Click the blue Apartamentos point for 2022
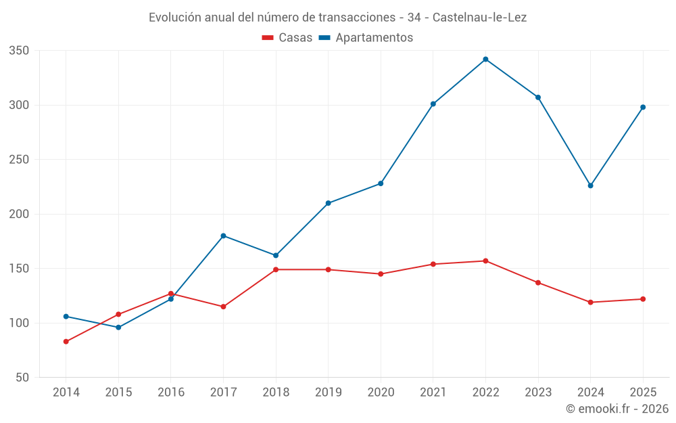click(x=485, y=59)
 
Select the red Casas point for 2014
click(x=66, y=341)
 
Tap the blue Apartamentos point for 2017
click(x=223, y=236)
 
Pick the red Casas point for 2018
click(x=276, y=269)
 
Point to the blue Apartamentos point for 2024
click(x=591, y=185)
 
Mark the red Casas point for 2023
click(x=538, y=283)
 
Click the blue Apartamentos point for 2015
click(x=118, y=327)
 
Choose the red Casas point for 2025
click(x=643, y=298)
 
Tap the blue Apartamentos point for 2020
click(x=381, y=183)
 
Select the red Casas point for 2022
click(x=485, y=261)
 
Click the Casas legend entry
click(x=287, y=37)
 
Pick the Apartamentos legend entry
click(x=366, y=37)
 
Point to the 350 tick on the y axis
click(x=19, y=51)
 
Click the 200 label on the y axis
click(x=19, y=214)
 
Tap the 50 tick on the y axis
click(x=22, y=377)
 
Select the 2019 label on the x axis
click(x=328, y=392)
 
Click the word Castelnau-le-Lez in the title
click(x=479, y=18)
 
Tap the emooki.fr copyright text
click(x=617, y=408)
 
